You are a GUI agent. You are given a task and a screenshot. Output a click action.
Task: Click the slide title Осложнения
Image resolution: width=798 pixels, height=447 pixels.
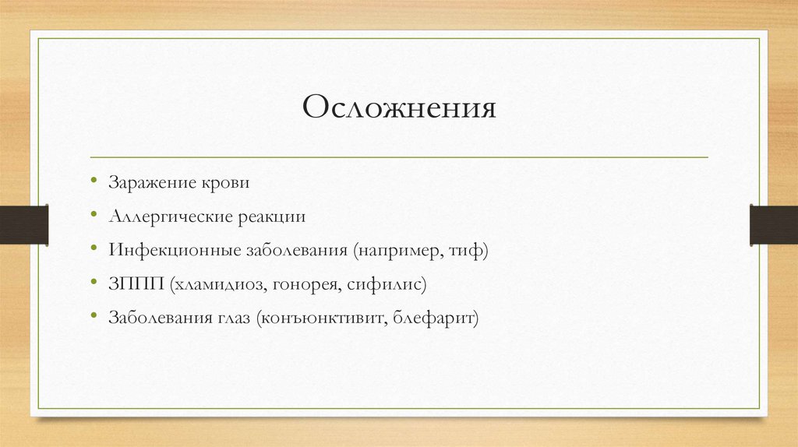(399, 107)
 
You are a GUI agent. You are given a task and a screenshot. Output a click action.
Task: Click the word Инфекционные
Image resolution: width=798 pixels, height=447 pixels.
(162, 251)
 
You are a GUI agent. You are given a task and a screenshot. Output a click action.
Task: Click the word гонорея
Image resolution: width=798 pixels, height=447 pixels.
(306, 284)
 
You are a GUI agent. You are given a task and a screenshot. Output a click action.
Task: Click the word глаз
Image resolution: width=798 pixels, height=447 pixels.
(225, 318)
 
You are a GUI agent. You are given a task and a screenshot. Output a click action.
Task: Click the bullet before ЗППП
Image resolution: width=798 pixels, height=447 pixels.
(94, 284)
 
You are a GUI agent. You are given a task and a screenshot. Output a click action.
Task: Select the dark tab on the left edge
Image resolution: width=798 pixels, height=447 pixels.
(24, 223)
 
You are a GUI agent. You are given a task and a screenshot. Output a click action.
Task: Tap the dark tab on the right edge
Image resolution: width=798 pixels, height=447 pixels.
(773, 223)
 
